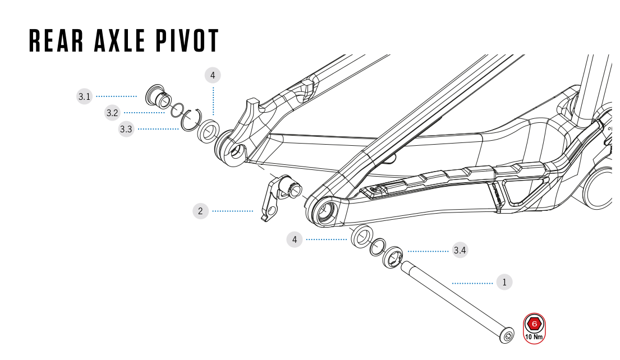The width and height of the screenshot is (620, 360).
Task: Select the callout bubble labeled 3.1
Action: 84,97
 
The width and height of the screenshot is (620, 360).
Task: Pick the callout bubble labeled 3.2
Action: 112,113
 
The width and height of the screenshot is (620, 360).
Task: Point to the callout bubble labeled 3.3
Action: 126,130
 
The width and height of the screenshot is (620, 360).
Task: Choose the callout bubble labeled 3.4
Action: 460,250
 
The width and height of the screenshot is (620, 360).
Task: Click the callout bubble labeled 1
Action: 504,283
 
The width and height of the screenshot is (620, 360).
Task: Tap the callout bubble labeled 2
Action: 200,211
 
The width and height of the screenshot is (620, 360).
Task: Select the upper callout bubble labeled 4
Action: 213,75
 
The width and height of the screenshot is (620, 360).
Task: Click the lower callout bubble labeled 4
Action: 295,240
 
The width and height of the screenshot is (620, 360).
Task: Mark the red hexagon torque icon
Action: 535,324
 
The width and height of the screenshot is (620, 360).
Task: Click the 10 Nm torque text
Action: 534,338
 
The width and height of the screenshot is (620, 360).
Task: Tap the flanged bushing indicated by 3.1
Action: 157,96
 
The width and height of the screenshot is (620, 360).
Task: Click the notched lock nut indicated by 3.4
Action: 392,257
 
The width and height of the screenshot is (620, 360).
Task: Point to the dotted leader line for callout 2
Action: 233,211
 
